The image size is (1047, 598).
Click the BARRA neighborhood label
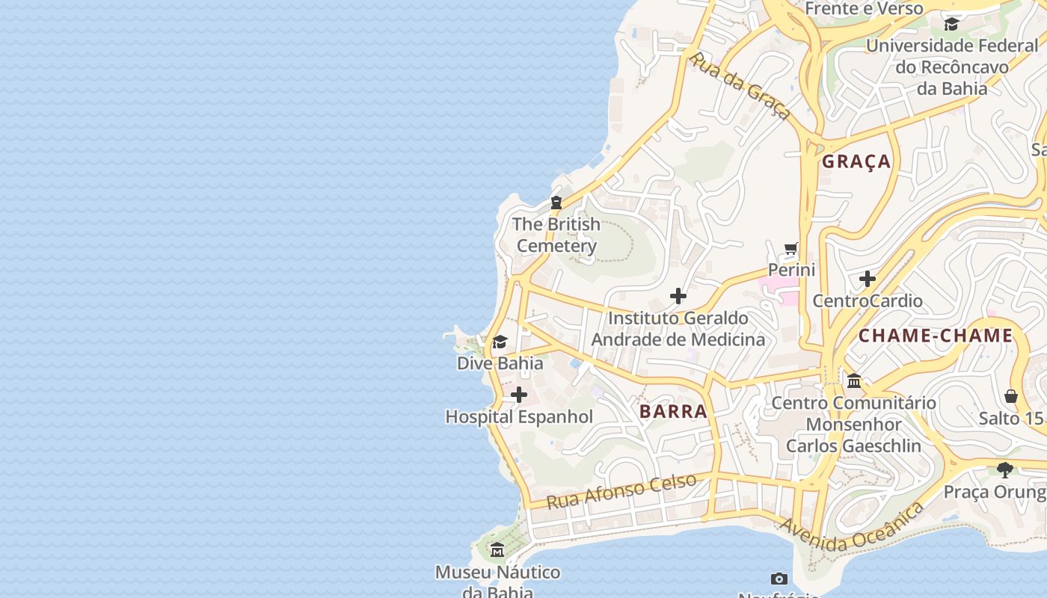(673, 411)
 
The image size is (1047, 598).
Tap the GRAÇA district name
(856, 161)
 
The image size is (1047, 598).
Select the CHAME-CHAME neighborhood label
(935, 336)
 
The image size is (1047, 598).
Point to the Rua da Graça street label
(739, 85)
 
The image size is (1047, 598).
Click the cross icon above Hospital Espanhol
(518, 395)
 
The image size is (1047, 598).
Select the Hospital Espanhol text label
(519, 417)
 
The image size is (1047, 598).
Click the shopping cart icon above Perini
(791, 248)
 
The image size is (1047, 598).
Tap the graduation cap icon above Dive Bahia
(500, 342)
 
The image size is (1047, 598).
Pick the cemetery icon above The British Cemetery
(556, 203)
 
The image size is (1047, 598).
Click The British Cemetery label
(556, 235)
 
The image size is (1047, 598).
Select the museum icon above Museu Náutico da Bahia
(497, 551)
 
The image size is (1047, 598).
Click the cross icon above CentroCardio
(868, 280)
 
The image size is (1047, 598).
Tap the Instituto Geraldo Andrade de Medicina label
(678, 329)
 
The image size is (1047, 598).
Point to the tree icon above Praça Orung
(1004, 470)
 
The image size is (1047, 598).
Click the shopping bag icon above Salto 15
(1011, 396)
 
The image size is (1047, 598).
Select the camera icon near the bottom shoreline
(779, 579)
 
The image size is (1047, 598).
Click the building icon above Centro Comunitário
(853, 381)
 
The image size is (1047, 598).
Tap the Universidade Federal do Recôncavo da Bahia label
(952, 67)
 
